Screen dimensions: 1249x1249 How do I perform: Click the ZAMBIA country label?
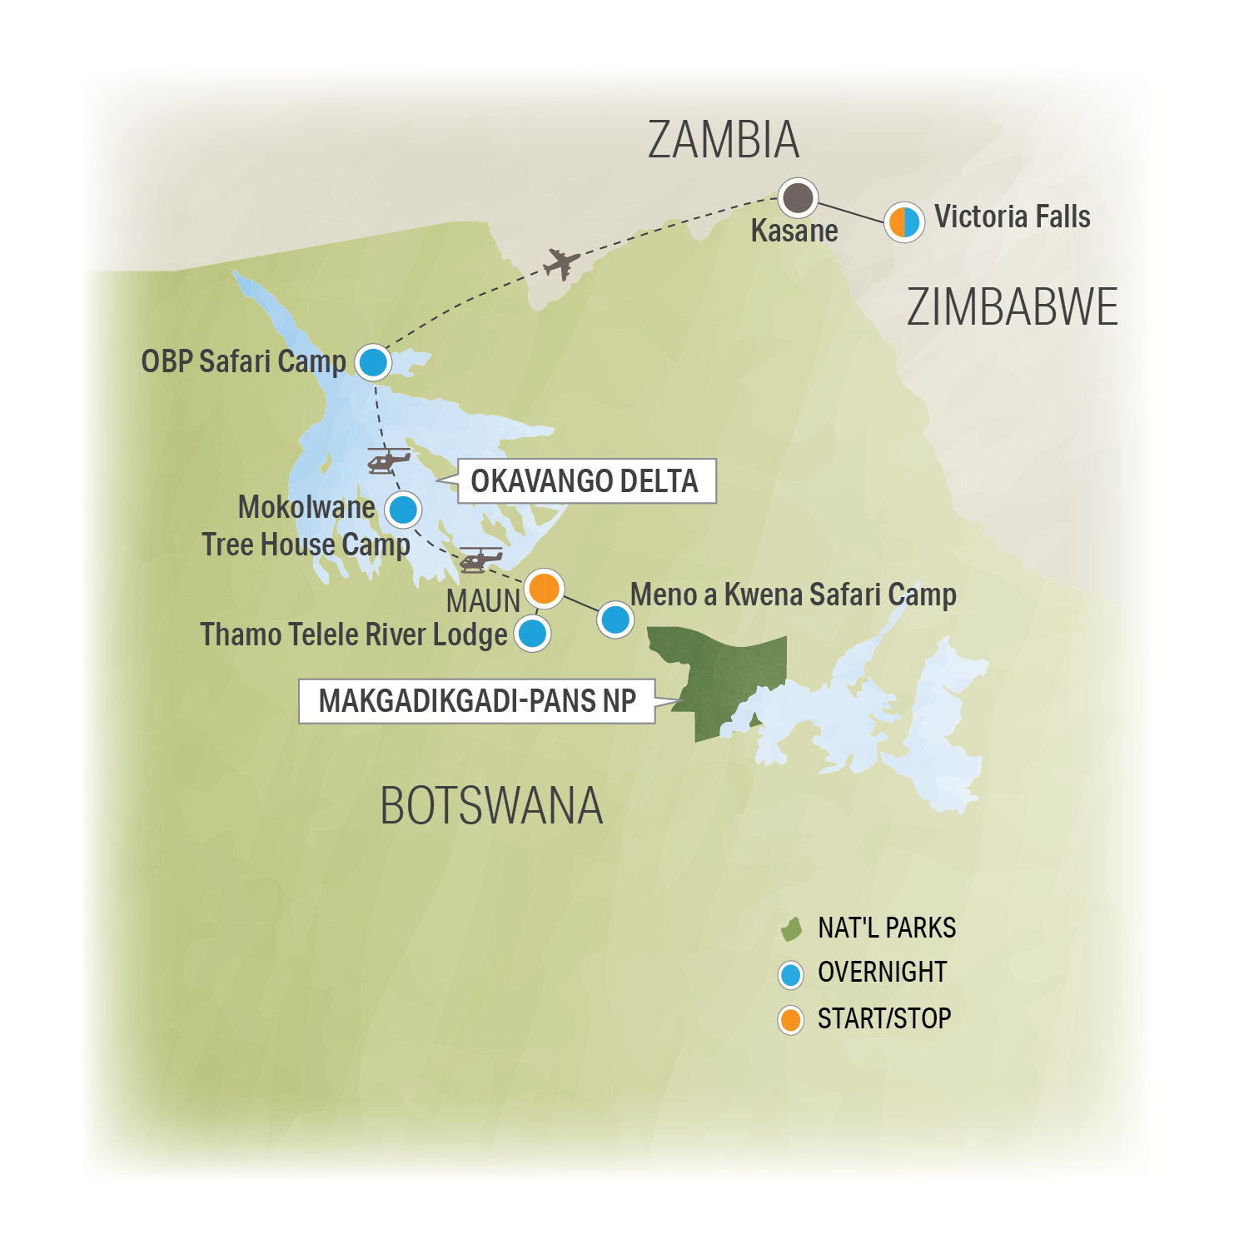tap(723, 140)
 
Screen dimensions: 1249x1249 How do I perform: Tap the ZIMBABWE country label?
tap(1012, 307)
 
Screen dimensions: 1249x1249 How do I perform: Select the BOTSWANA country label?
tap(491, 806)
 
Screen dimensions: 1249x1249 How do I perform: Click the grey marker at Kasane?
tap(798, 198)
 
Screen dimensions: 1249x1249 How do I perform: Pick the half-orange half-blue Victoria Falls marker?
tap(903, 222)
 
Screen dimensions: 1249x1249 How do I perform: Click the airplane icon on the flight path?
tap(562, 264)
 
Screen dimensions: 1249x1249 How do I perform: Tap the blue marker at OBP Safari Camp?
tap(373, 362)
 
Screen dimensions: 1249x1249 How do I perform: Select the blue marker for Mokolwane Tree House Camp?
tap(404, 510)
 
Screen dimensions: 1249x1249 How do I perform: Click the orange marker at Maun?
tap(544, 588)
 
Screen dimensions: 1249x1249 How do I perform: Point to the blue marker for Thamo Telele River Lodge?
tap(532, 634)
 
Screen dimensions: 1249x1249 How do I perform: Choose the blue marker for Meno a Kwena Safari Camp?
tap(615, 620)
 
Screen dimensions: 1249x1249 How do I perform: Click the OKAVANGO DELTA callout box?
tap(586, 481)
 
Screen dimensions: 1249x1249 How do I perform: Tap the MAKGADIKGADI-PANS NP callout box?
tap(477, 701)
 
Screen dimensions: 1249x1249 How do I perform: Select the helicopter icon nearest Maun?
tap(480, 559)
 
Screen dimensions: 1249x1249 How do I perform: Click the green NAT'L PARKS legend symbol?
tap(791, 928)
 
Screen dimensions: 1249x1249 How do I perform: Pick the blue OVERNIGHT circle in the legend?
tap(790, 974)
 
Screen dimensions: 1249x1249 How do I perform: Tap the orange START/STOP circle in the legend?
tap(790, 1019)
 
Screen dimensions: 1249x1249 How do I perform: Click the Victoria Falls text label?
tap(1012, 216)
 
